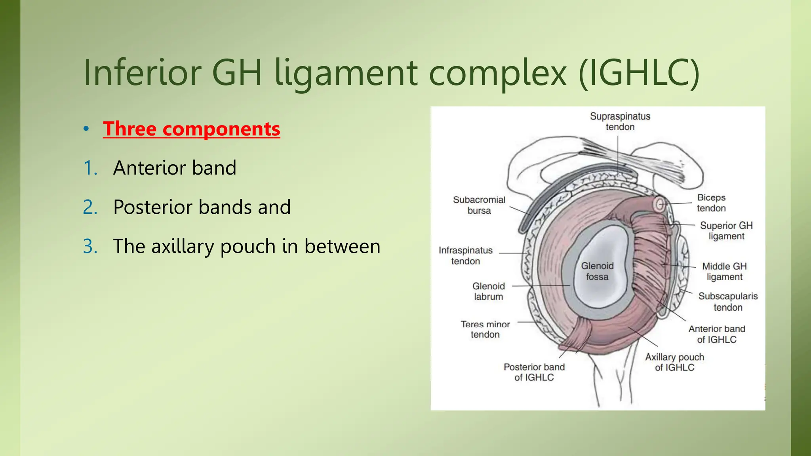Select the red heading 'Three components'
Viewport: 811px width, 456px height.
click(191, 129)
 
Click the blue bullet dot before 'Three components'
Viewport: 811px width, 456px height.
click(86, 129)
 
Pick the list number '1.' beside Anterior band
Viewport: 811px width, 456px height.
click(91, 168)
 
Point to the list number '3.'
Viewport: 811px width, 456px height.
click(91, 246)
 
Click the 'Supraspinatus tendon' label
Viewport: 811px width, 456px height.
click(620, 122)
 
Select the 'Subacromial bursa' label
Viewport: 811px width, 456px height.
click(479, 205)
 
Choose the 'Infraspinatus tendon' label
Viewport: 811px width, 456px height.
click(466, 256)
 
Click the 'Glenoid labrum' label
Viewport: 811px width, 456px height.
click(488, 291)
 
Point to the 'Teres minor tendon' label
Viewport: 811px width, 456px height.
click(485, 329)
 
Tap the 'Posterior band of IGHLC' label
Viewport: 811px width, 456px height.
click(534, 372)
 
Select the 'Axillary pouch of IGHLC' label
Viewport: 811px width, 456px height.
click(674, 362)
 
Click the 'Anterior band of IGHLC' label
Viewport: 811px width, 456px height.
click(717, 334)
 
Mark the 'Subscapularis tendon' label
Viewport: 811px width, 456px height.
click(728, 302)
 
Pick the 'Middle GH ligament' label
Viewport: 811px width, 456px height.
click(724, 272)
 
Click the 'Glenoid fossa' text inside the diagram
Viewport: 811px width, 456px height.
click(597, 271)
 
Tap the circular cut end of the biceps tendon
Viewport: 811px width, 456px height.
click(660, 205)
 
